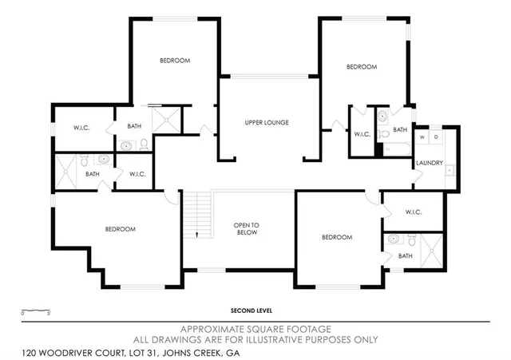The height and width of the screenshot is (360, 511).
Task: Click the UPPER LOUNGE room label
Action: click(x=266, y=122)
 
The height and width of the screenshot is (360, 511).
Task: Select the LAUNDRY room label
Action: click(x=429, y=164)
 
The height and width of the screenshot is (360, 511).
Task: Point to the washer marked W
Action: click(x=424, y=137)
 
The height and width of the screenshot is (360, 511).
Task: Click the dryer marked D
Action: click(x=436, y=137)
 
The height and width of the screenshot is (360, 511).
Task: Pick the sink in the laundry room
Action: click(x=449, y=170)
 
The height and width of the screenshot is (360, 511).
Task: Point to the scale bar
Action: click(x=35, y=310)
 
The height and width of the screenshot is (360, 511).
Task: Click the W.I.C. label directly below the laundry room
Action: click(x=413, y=212)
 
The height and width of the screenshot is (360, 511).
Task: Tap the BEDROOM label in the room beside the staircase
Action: click(x=120, y=229)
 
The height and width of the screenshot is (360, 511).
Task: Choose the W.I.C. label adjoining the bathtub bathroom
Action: click(x=361, y=134)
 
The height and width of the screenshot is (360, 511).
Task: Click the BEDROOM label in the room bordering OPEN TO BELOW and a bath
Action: click(x=337, y=237)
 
